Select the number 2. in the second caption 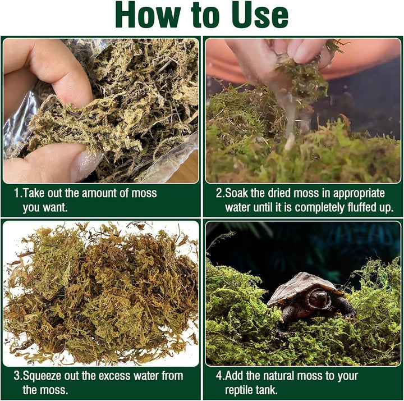tap(220, 193)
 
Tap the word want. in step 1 tap(57, 207)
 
